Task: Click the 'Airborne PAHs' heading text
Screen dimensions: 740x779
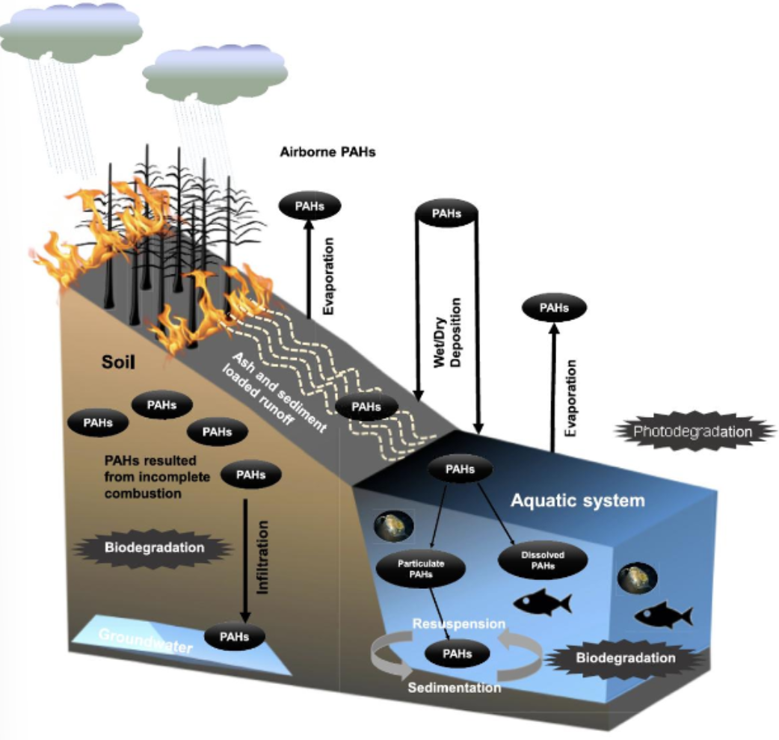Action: (x=327, y=152)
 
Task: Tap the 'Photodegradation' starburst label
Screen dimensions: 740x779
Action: (x=693, y=431)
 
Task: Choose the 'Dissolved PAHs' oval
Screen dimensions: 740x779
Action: (x=542, y=561)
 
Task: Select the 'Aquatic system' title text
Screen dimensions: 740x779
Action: (x=577, y=500)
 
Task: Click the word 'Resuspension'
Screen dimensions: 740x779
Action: (x=459, y=623)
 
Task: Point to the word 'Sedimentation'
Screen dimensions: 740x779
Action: (x=455, y=687)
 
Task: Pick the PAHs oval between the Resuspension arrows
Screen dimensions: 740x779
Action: (x=458, y=654)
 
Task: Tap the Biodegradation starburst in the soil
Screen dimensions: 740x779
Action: (x=154, y=547)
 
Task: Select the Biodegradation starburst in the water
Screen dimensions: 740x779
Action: (x=625, y=659)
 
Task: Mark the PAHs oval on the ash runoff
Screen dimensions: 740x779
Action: (x=366, y=407)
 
